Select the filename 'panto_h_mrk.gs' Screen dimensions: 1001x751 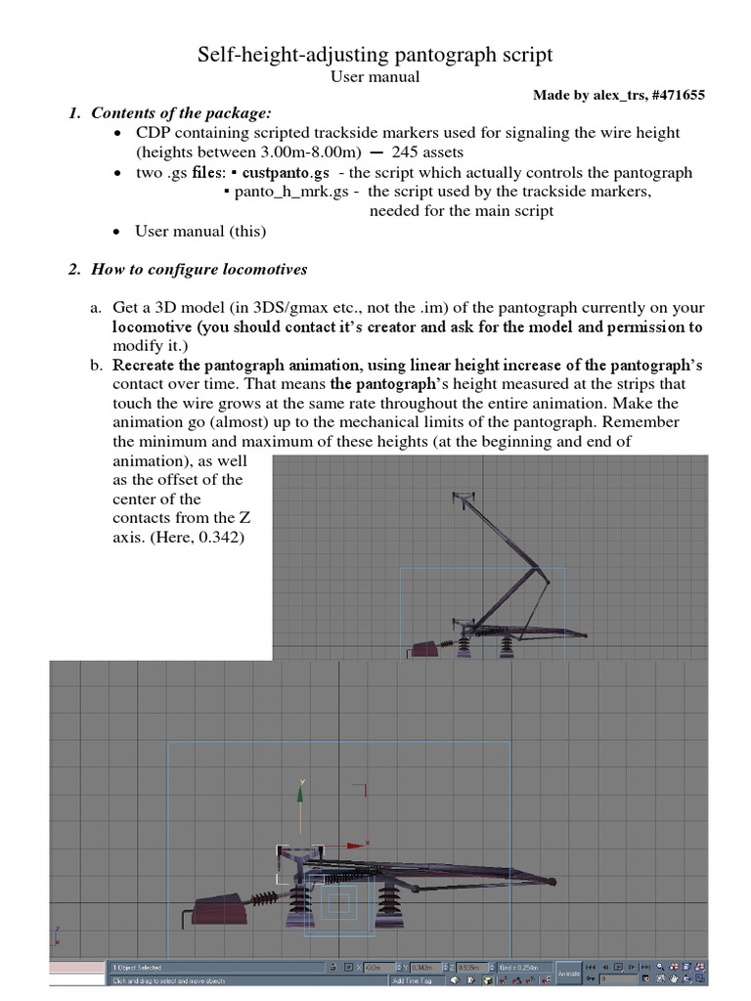[291, 192]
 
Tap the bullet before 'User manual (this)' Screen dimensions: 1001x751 [116, 232]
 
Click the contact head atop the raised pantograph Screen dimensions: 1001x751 [464, 500]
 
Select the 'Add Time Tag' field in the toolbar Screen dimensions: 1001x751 [416, 979]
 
